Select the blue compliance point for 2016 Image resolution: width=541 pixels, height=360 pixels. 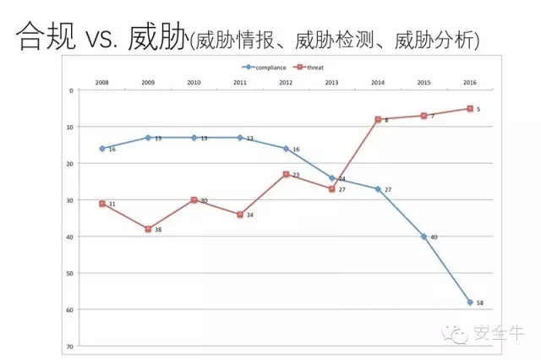(469, 302)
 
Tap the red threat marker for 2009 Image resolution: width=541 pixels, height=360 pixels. (148, 229)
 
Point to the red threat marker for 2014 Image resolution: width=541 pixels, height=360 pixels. (378, 119)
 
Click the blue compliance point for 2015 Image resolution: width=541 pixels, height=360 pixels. (424, 237)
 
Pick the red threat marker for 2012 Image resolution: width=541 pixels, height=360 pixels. (286, 174)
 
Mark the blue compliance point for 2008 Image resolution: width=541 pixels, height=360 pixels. (102, 148)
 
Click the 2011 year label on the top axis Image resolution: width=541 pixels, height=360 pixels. (240, 83)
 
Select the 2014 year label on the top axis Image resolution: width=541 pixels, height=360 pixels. (378, 83)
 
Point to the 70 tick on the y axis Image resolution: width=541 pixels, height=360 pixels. (69, 346)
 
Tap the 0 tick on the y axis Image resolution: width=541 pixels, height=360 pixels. (71, 90)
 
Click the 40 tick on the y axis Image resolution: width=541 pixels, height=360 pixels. (69, 237)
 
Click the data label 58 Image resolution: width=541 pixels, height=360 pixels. (480, 303)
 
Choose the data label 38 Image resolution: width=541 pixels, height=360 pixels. (158, 231)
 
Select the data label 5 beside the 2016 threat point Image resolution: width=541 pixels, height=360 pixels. (478, 109)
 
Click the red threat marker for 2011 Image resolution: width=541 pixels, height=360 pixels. (240, 215)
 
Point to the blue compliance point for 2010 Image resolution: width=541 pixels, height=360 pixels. (194, 137)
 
